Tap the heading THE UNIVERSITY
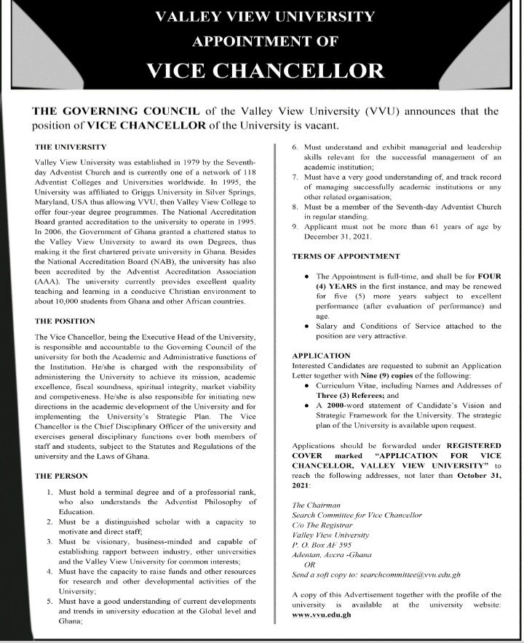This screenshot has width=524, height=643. tap(71, 146)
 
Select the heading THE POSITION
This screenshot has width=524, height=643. tap(65, 321)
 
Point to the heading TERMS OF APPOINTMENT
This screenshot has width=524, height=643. tap(346, 257)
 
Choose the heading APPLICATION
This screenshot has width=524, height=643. tap(321, 355)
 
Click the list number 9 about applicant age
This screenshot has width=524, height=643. tap(294, 228)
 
